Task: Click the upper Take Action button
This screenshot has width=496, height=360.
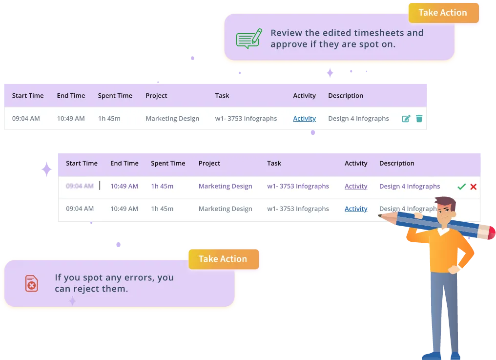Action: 443,13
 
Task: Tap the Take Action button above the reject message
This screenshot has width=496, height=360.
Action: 223,259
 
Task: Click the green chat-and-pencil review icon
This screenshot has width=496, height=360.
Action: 248,39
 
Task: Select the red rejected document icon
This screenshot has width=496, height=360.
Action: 31,283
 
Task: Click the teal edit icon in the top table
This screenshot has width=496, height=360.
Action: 406,118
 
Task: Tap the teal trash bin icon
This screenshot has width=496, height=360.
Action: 419,118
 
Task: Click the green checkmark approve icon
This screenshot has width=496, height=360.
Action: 461,187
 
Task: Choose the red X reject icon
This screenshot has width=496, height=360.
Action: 473,187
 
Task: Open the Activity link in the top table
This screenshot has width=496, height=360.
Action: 304,118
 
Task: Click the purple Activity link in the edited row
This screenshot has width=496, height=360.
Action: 356,186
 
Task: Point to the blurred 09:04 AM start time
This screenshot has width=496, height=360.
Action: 80,186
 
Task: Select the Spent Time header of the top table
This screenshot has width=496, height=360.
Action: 115,96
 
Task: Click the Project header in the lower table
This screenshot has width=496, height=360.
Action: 209,163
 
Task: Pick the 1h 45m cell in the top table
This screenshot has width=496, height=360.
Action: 109,118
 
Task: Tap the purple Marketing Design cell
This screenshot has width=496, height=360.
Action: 225,186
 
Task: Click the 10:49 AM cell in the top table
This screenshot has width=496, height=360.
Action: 71,118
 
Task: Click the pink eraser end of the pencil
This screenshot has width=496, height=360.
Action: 489,232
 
